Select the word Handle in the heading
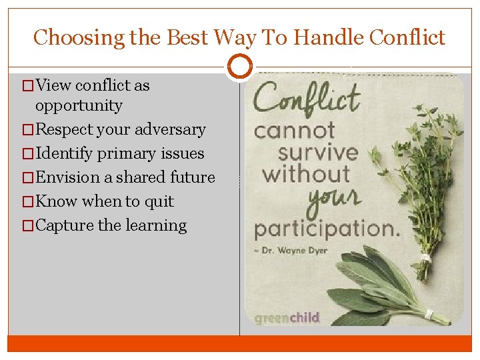[320, 37]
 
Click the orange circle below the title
[240, 67]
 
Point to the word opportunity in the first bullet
[79, 105]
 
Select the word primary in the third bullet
[125, 153]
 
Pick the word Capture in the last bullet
[65, 225]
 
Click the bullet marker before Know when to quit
[27, 202]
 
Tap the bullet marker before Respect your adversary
[27, 130]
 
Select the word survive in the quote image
[318, 152]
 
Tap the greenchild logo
[287, 317]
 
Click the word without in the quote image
[306, 175]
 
